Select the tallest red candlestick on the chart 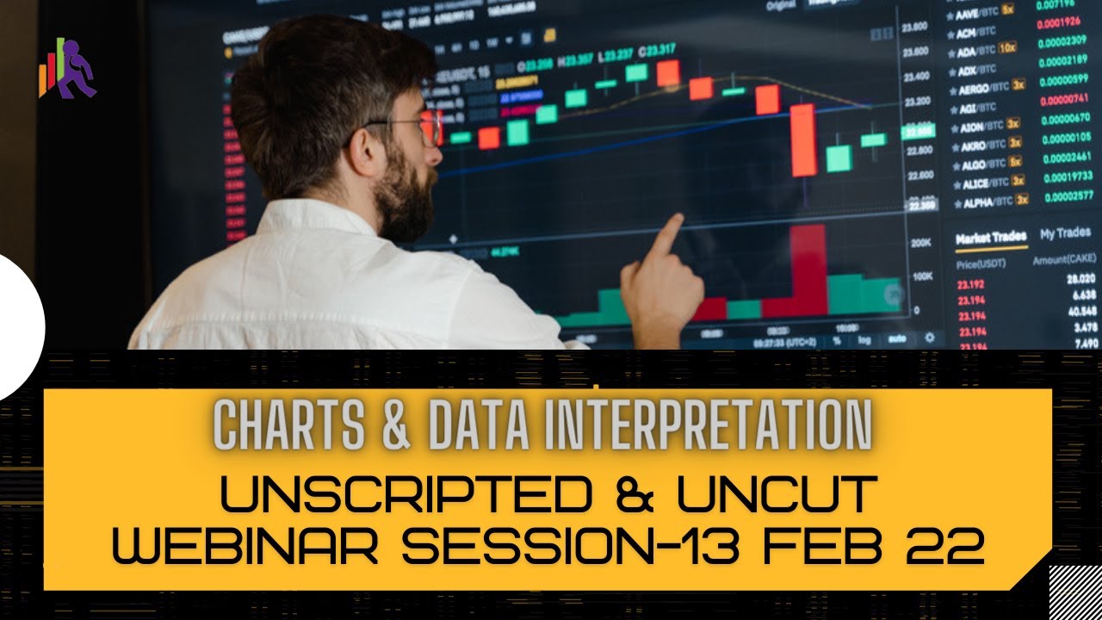tap(802, 139)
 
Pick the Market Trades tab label tap(990, 237)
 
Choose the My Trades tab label tap(1065, 233)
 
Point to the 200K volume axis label tap(921, 244)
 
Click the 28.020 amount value tap(1080, 279)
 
